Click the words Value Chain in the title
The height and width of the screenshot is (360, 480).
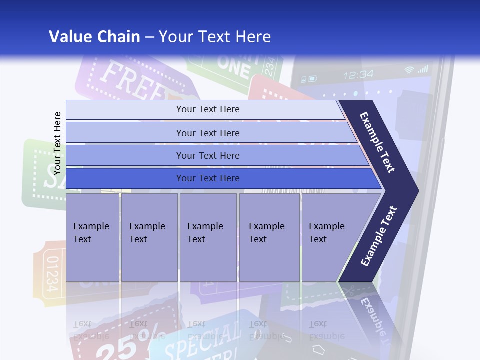point(94,37)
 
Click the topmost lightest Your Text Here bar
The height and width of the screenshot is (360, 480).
point(207,109)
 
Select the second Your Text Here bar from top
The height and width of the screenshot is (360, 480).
point(207,133)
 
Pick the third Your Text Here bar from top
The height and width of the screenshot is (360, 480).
point(207,155)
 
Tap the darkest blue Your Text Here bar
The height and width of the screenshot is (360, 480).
point(207,178)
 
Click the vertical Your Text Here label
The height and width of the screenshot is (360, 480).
point(57,143)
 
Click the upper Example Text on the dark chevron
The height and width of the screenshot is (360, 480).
point(378,142)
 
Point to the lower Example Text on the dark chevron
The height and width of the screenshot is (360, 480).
point(379,236)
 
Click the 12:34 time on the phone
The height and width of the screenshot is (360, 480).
point(358,75)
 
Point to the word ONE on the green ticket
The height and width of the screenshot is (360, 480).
point(234,68)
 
